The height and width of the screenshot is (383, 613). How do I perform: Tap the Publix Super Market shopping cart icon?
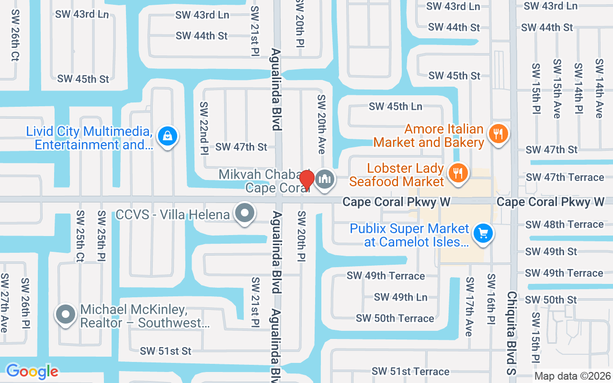[x=483, y=234]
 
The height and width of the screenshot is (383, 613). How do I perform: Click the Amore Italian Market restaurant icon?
[x=499, y=134]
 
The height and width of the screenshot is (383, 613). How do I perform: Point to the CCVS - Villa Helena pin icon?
[x=245, y=213]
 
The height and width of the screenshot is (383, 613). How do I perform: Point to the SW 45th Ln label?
[x=396, y=106]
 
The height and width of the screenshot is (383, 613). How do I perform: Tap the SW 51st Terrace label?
[x=410, y=372]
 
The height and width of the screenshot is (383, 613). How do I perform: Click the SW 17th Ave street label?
[x=469, y=306]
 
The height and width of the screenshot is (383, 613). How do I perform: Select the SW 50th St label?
[x=551, y=300]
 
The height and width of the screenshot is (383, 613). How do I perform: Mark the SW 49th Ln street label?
[x=400, y=297]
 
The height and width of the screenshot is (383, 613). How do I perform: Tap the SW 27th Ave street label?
[x=4, y=303]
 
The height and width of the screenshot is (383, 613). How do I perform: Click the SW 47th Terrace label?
[x=565, y=177]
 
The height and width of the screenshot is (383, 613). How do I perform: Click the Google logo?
[x=32, y=371]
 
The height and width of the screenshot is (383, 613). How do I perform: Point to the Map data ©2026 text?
[x=572, y=376]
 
